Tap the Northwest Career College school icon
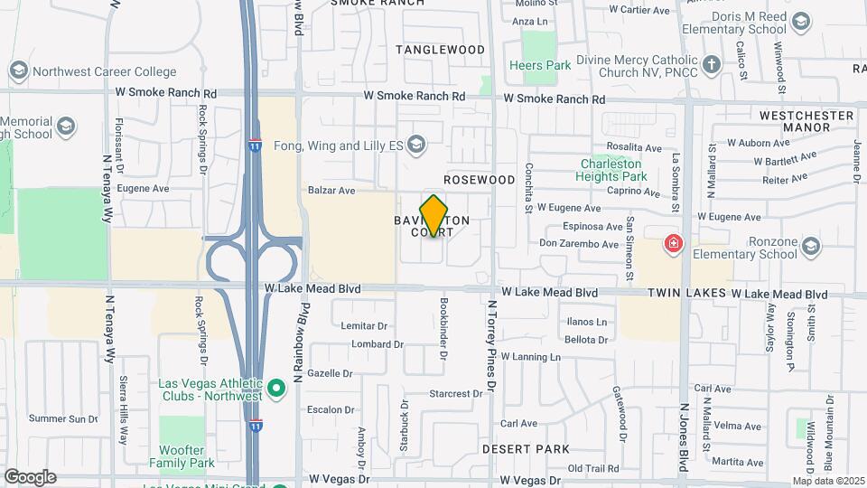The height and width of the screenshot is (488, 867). pyautogui.click(x=18, y=70)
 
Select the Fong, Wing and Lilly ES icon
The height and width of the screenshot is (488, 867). pyautogui.click(x=416, y=144)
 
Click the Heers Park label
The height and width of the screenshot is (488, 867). pyautogui.click(x=540, y=65)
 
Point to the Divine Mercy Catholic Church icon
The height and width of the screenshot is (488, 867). pyautogui.click(x=713, y=64)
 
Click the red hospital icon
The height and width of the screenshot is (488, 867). pyautogui.click(x=672, y=243)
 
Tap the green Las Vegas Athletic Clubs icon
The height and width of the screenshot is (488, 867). pyautogui.click(x=277, y=389)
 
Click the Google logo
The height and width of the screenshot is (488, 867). pyautogui.click(x=30, y=477)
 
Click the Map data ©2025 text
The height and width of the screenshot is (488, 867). pyautogui.click(x=828, y=481)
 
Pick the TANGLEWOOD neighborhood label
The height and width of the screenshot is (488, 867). pyautogui.click(x=440, y=49)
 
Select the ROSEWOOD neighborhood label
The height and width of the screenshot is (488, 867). pyautogui.click(x=479, y=180)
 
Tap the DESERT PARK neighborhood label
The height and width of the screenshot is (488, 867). pyautogui.click(x=526, y=448)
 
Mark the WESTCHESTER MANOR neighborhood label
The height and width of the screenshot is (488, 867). pyautogui.click(x=806, y=121)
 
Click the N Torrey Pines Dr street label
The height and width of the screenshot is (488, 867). pyautogui.click(x=492, y=345)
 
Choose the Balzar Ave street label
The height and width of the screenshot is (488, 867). pyautogui.click(x=331, y=191)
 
